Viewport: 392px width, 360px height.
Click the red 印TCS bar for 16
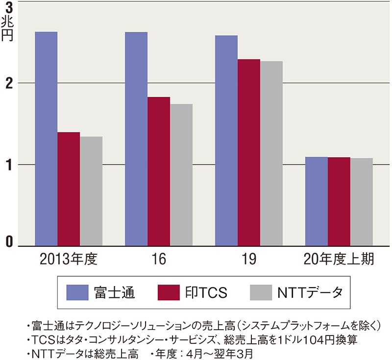click(x=159, y=171)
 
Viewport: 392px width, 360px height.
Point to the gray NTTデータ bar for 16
click(x=181, y=174)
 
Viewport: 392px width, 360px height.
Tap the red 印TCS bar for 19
click(x=249, y=152)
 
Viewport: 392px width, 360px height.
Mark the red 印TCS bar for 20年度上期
click(x=339, y=201)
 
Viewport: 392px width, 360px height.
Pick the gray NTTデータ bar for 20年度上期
click(x=362, y=202)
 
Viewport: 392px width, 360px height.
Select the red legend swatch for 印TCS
click(x=169, y=292)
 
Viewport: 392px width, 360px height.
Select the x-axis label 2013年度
click(x=69, y=259)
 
